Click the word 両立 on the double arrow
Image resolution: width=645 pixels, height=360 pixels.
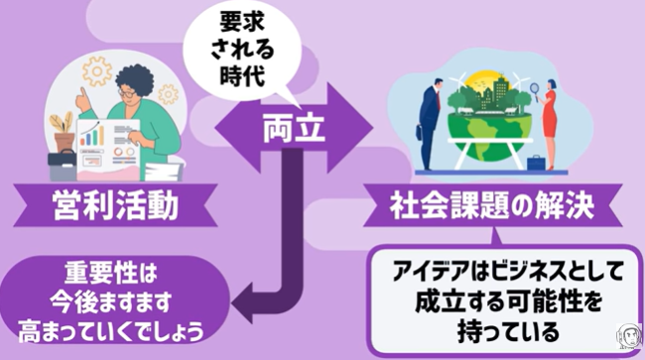pyautogui.click(x=294, y=127)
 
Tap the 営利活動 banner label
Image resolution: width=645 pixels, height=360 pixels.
pyautogui.click(x=115, y=205)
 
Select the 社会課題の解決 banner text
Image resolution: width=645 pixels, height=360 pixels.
pyautogui.click(x=492, y=204)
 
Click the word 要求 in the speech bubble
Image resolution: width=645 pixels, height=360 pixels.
pyautogui.click(x=241, y=22)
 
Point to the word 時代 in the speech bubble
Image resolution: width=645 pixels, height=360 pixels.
pyautogui.click(x=242, y=75)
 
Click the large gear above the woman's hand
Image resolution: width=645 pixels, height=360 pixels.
pyautogui.click(x=97, y=71)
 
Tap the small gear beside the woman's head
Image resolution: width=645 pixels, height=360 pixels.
pyautogui.click(x=169, y=94)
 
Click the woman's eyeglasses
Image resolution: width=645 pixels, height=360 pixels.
pyautogui.click(x=127, y=93)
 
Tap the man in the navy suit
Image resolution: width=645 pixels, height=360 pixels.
pyautogui.click(x=429, y=123)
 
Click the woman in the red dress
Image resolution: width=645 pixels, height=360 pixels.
pyautogui.click(x=549, y=124)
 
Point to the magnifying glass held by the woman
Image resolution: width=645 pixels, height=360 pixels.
pyautogui.click(x=536, y=89)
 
